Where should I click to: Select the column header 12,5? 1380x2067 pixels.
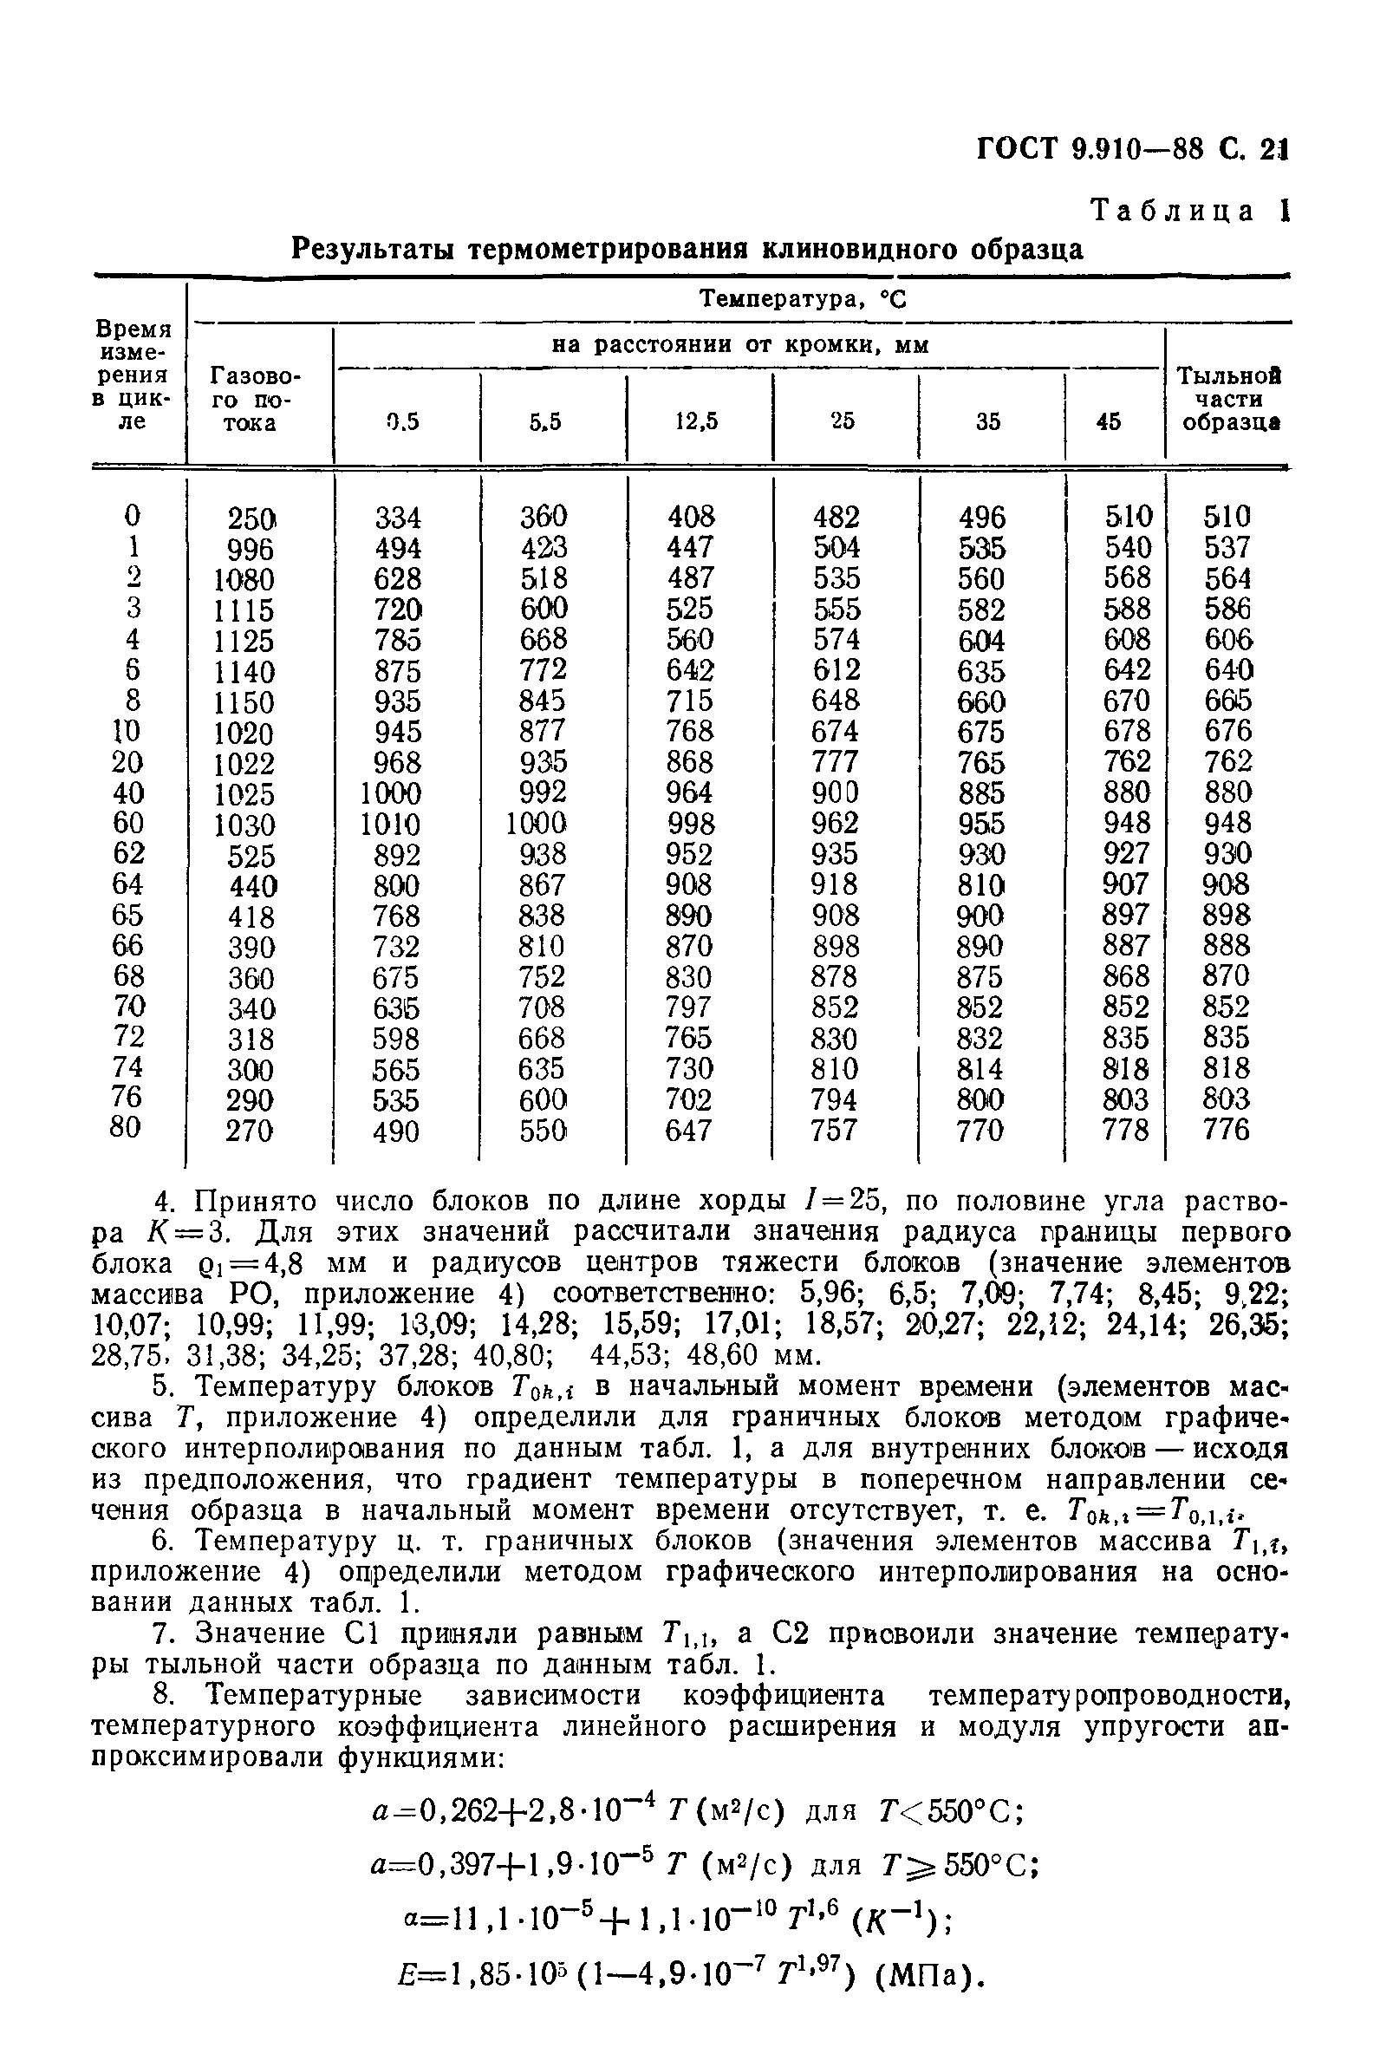point(696,421)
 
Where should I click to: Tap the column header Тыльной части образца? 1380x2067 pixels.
point(1229,399)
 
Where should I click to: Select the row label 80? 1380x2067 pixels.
point(126,1127)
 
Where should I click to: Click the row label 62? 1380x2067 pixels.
point(128,853)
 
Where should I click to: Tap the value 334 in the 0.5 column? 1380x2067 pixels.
point(398,517)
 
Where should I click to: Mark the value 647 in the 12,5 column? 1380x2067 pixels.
point(688,1131)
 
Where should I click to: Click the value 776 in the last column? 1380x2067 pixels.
point(1226,1130)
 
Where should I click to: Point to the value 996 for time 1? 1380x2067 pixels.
point(250,549)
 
